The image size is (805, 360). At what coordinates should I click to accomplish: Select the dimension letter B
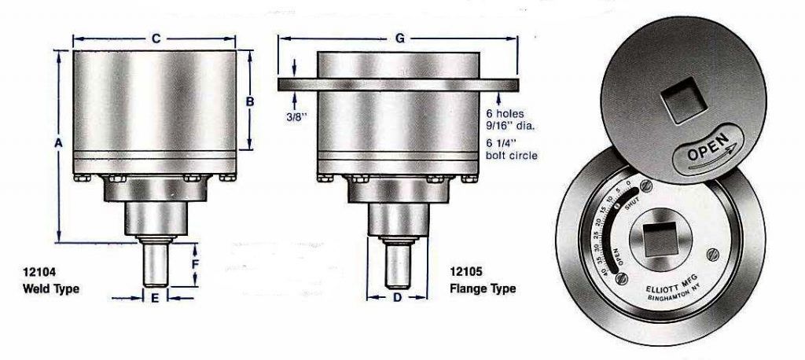click(250, 101)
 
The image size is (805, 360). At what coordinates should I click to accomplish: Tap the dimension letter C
click(156, 38)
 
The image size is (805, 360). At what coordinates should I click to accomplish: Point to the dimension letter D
click(396, 298)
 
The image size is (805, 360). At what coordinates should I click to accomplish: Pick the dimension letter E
click(155, 298)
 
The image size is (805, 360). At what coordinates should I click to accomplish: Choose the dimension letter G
click(399, 38)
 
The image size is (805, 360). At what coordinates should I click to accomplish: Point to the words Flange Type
click(483, 288)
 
